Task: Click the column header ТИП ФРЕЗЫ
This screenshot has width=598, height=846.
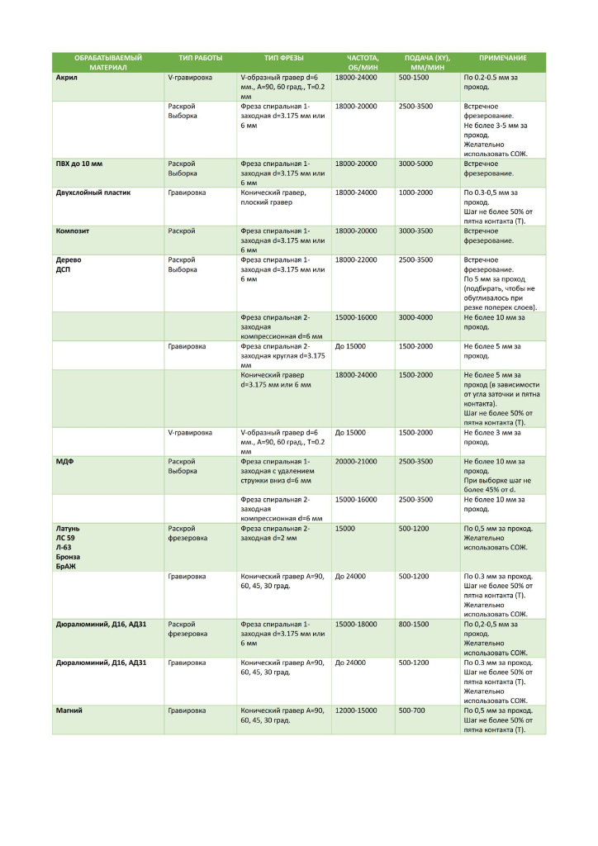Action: pyautogui.click(x=283, y=58)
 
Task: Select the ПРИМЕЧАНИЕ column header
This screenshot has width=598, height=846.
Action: pyautogui.click(x=502, y=58)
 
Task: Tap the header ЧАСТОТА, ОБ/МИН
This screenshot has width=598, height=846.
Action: pyautogui.click(x=363, y=63)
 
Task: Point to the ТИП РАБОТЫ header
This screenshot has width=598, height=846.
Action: pyautogui.click(x=201, y=58)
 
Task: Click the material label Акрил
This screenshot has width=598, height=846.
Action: pyautogui.click(x=66, y=77)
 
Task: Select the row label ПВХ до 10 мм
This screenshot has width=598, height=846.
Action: pyautogui.click(x=73, y=164)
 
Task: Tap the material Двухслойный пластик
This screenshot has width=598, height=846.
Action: pyautogui.click(x=93, y=192)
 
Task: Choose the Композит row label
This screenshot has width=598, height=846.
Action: pyautogui.click(x=72, y=231)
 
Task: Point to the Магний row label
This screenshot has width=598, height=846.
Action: pyautogui.click(x=69, y=710)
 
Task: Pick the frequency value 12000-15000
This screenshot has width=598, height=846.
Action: pyautogui.click(x=356, y=710)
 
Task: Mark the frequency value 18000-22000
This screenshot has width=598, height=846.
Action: pyautogui.click(x=356, y=259)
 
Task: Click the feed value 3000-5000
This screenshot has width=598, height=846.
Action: pyautogui.click(x=415, y=164)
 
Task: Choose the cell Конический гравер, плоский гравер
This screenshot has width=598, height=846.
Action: pyautogui.click(x=274, y=197)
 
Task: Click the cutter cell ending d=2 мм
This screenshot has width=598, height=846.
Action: pyautogui.click(x=275, y=532)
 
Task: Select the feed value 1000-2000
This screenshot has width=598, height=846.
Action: pyautogui.click(x=415, y=192)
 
